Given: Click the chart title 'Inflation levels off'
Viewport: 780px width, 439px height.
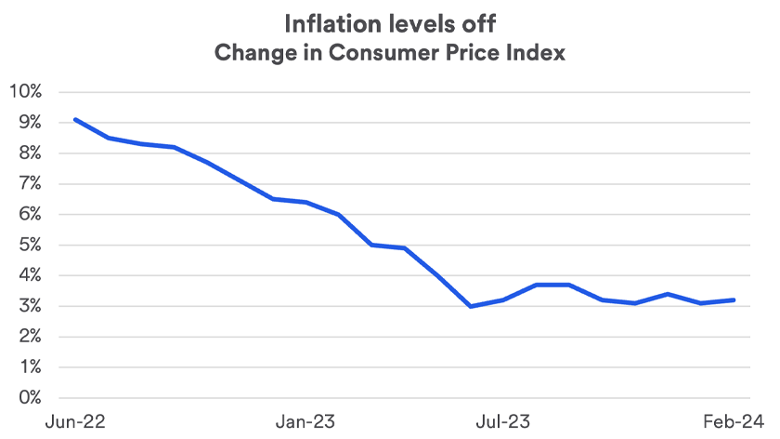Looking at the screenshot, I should [x=389, y=22].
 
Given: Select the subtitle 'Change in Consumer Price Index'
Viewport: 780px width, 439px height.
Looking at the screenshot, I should [x=389, y=52].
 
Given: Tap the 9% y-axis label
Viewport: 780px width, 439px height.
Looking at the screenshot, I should [x=30, y=122].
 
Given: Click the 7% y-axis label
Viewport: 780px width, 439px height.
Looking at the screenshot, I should [x=30, y=183].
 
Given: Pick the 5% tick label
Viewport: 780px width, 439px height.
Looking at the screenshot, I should [x=30, y=245].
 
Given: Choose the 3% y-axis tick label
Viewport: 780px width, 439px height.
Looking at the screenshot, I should [x=30, y=306].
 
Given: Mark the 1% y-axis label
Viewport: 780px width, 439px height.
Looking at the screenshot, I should [x=30, y=367].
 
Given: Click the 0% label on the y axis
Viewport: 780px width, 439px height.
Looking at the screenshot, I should [x=30, y=398].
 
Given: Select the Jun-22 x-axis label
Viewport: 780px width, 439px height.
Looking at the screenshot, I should [x=75, y=421].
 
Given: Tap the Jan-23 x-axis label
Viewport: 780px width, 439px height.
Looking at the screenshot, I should [x=305, y=421].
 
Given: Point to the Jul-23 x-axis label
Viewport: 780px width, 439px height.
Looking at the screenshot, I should [x=503, y=421].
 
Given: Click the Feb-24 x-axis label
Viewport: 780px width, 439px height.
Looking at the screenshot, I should [x=734, y=421].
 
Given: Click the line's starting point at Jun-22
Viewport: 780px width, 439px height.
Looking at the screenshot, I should [x=75, y=119].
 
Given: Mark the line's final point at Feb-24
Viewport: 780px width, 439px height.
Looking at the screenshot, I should [x=734, y=299].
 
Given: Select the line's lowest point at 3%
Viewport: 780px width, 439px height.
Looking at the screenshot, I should [x=471, y=306].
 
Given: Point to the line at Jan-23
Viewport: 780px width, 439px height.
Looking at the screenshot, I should [x=305, y=202].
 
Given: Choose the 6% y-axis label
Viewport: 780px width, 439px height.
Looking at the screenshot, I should [x=30, y=214].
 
